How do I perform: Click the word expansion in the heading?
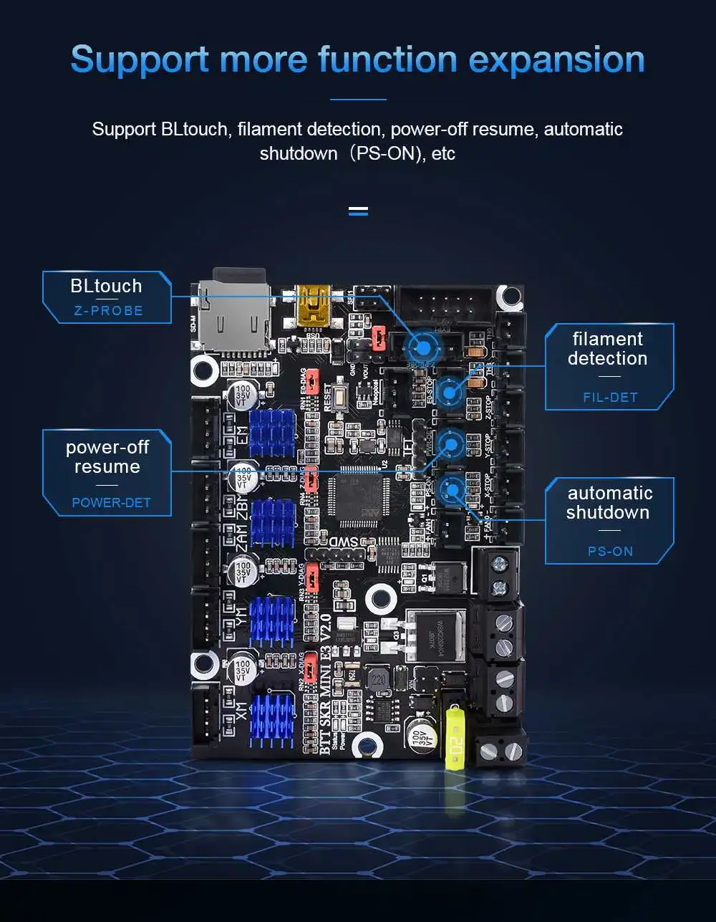click(556, 60)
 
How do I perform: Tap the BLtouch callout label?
click(106, 286)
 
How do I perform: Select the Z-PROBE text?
click(108, 311)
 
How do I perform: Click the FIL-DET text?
click(610, 397)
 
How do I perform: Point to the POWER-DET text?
click(111, 502)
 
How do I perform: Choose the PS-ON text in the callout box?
click(610, 551)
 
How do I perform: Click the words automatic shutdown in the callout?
click(609, 502)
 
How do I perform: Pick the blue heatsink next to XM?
click(272, 716)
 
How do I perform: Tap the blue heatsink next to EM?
click(272, 432)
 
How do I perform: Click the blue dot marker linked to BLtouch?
click(423, 347)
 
